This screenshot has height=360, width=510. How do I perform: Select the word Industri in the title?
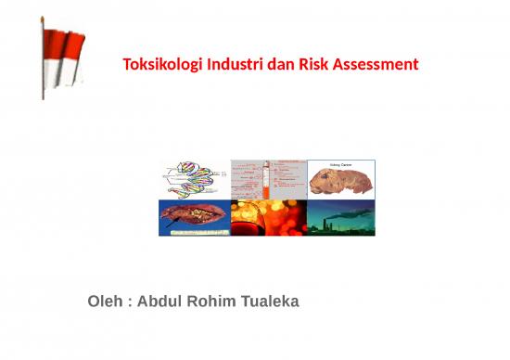(x=233, y=66)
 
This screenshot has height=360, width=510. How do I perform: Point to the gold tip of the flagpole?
(x=43, y=19)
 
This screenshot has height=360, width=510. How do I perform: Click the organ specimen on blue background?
(x=193, y=217)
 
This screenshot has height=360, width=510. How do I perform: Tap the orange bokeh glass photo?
(x=269, y=217)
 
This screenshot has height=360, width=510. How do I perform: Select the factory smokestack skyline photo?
(x=341, y=217)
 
